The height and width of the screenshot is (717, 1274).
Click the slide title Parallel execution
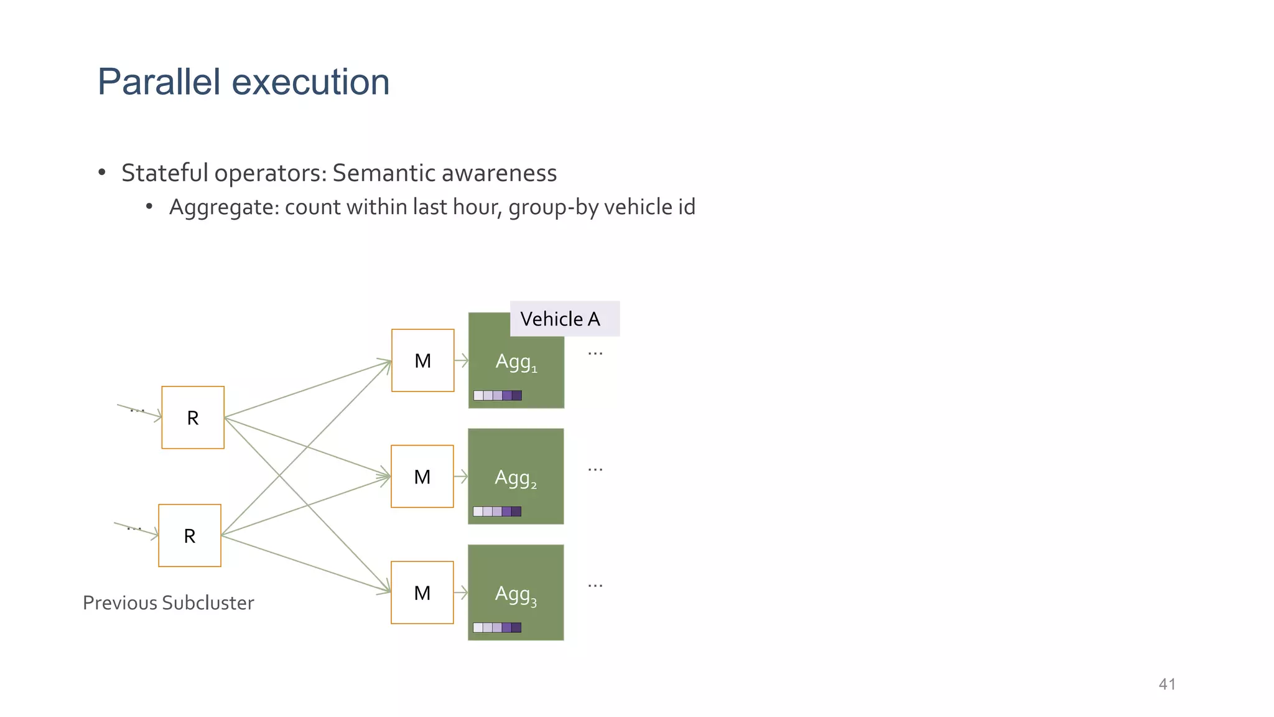pyautogui.click(x=243, y=82)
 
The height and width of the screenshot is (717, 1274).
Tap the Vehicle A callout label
pyautogui.click(x=560, y=319)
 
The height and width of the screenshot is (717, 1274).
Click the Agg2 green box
pyautogui.click(x=516, y=477)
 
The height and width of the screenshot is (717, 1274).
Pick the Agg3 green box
pyautogui.click(x=516, y=593)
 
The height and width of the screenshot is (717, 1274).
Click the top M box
pyautogui.click(x=422, y=360)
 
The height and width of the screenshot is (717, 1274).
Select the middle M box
pyautogui.click(x=422, y=477)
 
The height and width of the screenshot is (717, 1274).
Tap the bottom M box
pyautogui.click(x=422, y=593)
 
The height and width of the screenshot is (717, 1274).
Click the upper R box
pyautogui.click(x=193, y=418)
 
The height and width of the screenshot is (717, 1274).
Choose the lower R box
pyautogui.click(x=190, y=535)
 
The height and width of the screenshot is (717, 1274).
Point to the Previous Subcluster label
pyautogui.click(x=168, y=602)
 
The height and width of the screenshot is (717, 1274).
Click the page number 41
pyautogui.click(x=1167, y=684)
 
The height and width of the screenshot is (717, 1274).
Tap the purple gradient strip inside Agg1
pyautogui.click(x=497, y=395)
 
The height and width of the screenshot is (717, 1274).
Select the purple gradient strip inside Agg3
pyautogui.click(x=496, y=627)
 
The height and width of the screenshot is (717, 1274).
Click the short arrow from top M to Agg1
pyautogui.click(x=461, y=360)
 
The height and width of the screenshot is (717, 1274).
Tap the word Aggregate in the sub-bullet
pyautogui.click(x=224, y=207)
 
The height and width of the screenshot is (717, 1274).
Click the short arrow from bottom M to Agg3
pyautogui.click(x=460, y=593)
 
